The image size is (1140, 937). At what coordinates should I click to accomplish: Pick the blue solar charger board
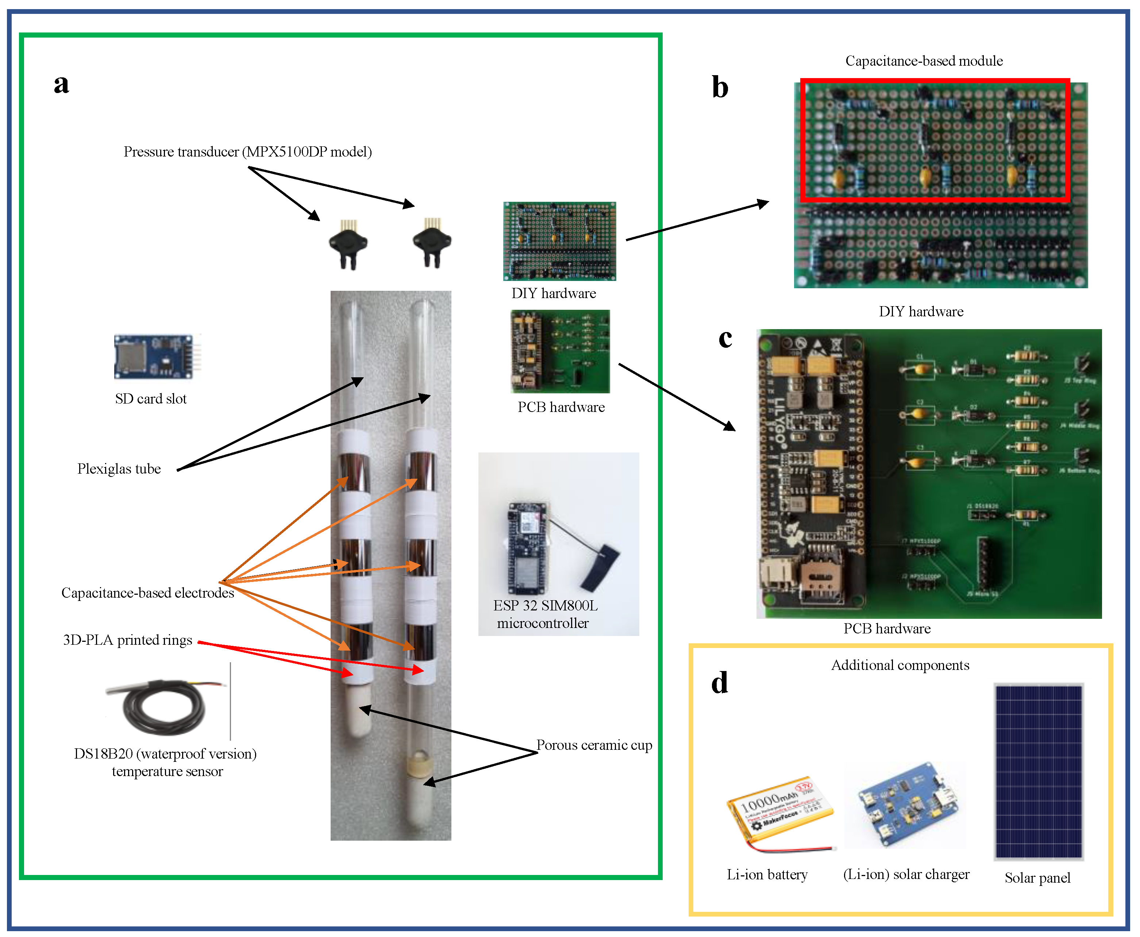point(907,804)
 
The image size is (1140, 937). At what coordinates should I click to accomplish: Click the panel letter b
point(720,88)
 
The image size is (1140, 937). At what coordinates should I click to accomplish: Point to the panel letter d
point(720,683)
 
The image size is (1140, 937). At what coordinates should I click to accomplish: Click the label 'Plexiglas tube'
point(119,469)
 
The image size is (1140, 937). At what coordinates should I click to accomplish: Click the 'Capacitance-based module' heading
point(924,61)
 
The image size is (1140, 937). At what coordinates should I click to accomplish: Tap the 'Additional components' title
point(900,665)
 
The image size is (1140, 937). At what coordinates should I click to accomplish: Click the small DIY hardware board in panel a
point(559,241)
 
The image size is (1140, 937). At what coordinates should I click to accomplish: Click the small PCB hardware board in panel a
point(560,351)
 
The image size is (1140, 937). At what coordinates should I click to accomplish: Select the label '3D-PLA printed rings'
point(127,640)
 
